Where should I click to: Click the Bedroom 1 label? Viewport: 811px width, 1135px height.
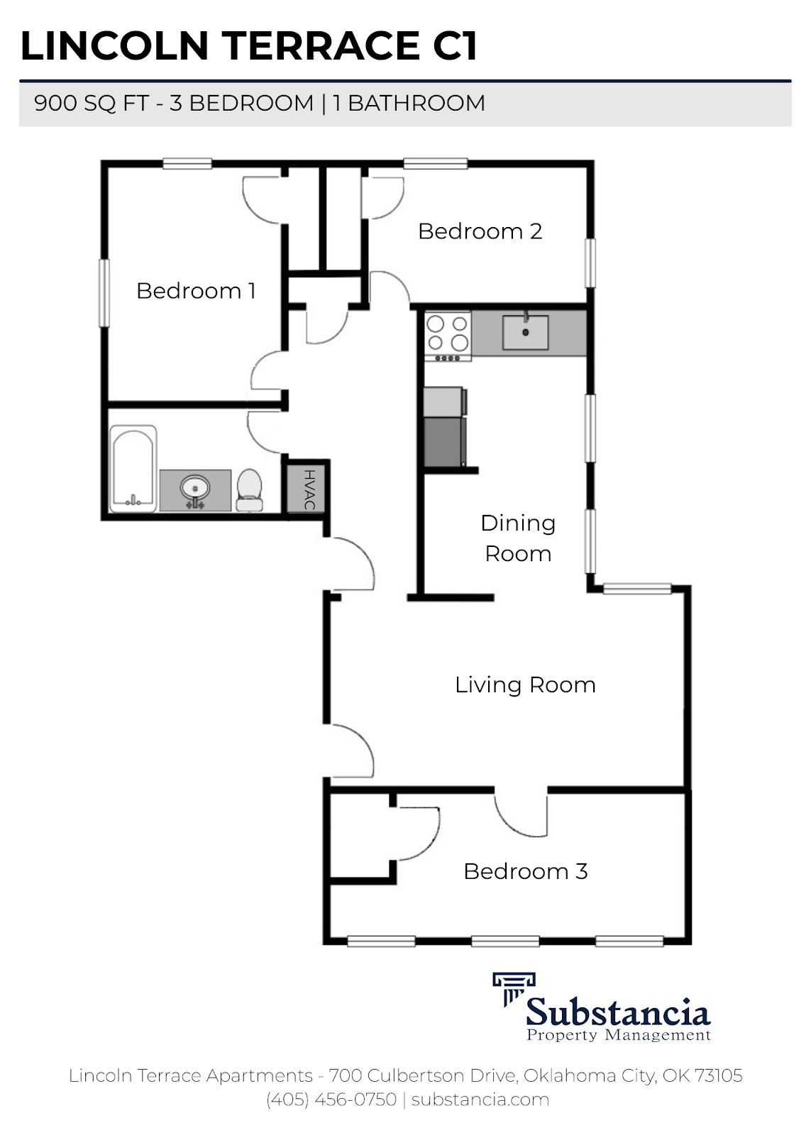point(196,291)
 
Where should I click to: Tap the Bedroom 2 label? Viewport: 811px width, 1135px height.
point(480,231)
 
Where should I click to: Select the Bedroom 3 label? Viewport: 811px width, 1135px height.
point(525,871)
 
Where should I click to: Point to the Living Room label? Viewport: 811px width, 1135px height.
point(525,685)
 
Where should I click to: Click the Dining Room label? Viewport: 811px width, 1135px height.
point(518,538)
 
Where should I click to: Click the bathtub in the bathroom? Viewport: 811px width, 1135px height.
point(133,468)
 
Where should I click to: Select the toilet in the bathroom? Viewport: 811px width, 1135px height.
point(249,489)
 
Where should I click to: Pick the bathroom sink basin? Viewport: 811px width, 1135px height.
point(194,489)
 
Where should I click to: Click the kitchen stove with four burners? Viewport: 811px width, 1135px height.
point(448,336)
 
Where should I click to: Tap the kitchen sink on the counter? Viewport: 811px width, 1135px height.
point(526,333)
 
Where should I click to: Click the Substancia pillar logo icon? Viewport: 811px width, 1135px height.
point(513,988)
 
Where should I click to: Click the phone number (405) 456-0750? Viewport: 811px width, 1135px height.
point(331,1100)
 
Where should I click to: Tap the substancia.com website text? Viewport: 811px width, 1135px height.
point(480,1100)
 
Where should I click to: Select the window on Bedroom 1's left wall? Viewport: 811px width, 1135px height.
point(104,292)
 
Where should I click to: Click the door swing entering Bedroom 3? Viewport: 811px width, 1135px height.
point(522,816)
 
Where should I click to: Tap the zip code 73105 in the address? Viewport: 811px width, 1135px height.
point(718,1075)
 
